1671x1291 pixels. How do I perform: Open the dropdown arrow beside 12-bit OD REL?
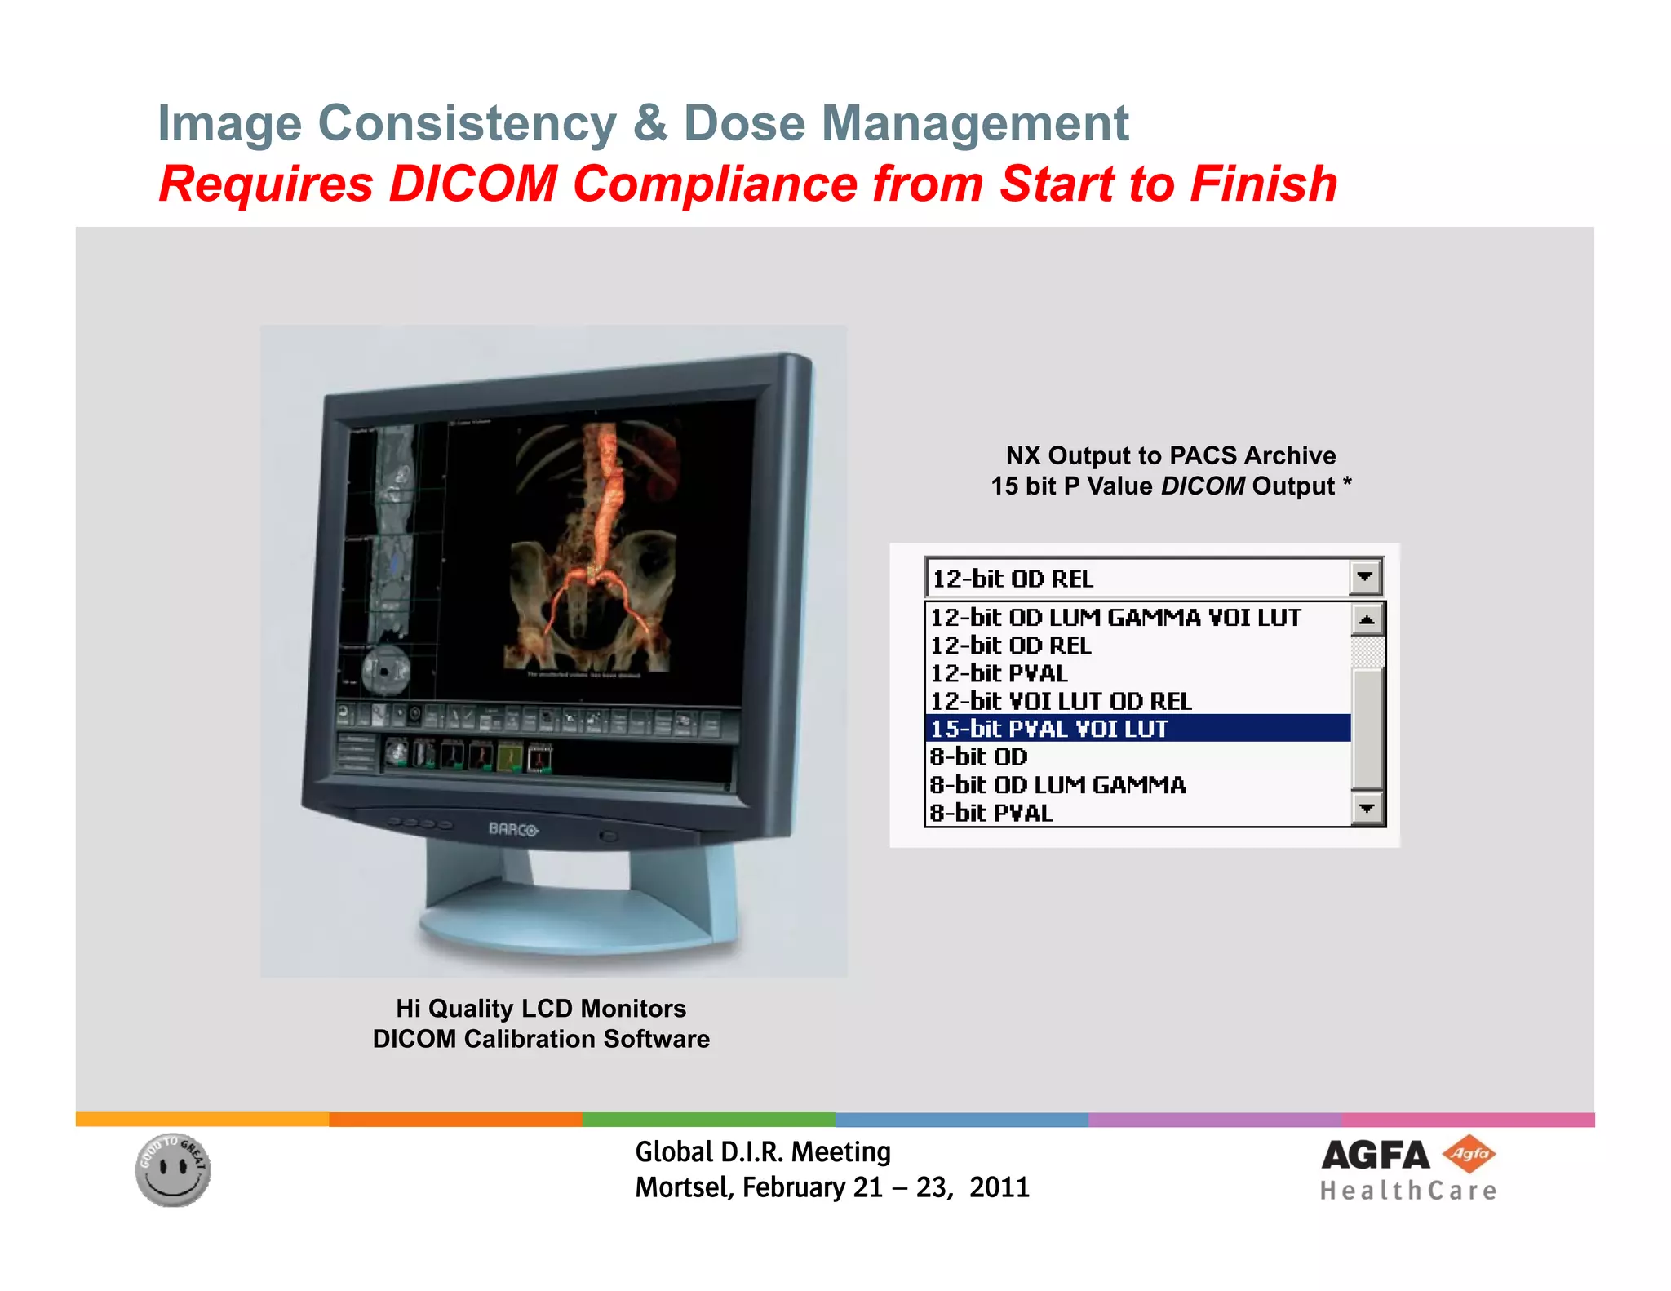[x=1365, y=577]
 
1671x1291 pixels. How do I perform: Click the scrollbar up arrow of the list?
[x=1367, y=620]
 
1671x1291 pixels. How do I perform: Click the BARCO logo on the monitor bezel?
[x=513, y=829]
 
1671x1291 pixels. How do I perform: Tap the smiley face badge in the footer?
[x=173, y=1169]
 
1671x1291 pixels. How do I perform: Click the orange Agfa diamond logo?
[x=1469, y=1154]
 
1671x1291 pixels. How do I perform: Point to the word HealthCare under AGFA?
[x=1408, y=1191]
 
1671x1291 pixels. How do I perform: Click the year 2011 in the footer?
[x=999, y=1187]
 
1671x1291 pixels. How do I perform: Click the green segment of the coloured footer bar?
[x=708, y=1120]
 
